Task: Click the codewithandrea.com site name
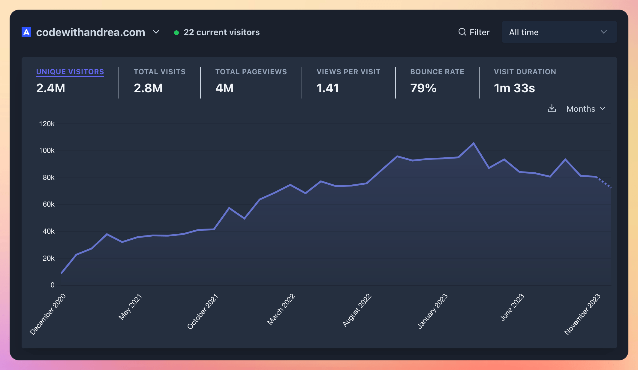click(x=90, y=32)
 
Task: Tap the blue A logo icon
click(x=26, y=32)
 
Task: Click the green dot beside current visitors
click(x=176, y=33)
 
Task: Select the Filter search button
click(x=474, y=32)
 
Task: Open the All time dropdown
click(x=559, y=32)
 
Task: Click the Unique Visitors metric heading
click(x=70, y=72)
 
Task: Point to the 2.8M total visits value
click(x=148, y=88)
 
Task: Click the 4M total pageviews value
click(x=224, y=88)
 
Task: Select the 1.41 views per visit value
click(x=328, y=88)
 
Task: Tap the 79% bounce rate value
click(x=423, y=88)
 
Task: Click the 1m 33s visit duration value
click(x=514, y=88)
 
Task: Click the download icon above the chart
click(x=552, y=108)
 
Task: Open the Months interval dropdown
click(x=585, y=109)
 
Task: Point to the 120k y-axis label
click(x=47, y=124)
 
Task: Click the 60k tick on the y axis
click(x=49, y=204)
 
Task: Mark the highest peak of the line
click(x=474, y=143)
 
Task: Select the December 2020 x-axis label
click(x=48, y=314)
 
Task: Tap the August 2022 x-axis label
click(x=357, y=310)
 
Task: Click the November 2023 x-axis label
click(x=582, y=314)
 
